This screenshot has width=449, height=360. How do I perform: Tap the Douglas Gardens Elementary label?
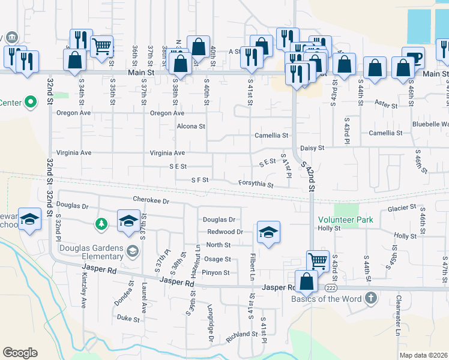pyautogui.click(x=91, y=253)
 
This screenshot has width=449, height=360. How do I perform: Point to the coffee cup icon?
pyautogui.click(x=413, y=59)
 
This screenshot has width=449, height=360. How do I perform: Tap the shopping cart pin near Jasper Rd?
pyautogui.click(x=318, y=260)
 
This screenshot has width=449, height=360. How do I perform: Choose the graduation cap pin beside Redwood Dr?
pyautogui.click(x=268, y=232)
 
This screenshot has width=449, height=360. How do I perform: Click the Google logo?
pyautogui.click(x=20, y=352)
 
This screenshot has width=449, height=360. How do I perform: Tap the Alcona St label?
pyautogui.click(x=191, y=127)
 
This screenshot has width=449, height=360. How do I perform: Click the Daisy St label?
pyautogui.click(x=312, y=148)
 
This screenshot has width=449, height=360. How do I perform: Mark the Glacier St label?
pyautogui.click(x=402, y=208)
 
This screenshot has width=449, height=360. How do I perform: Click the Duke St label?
pyautogui.click(x=128, y=318)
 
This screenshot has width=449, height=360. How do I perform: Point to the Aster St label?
pyautogui.click(x=386, y=104)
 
